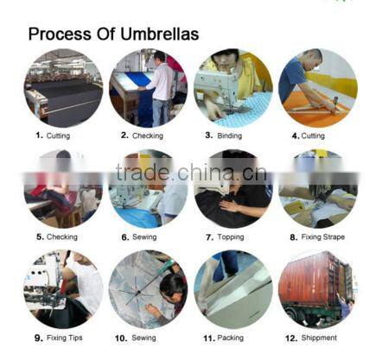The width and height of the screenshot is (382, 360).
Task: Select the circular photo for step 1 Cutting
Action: coord(62,88)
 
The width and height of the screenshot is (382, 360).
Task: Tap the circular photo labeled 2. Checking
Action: coord(148,88)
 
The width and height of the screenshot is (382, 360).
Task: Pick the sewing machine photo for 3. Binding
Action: coord(232,88)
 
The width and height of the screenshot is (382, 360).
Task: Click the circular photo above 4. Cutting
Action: coord(317,88)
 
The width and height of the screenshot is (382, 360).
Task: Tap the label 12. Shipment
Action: coord(315,338)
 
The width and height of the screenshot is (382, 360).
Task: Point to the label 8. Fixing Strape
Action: coord(317,237)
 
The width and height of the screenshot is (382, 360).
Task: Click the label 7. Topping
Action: coord(232,237)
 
